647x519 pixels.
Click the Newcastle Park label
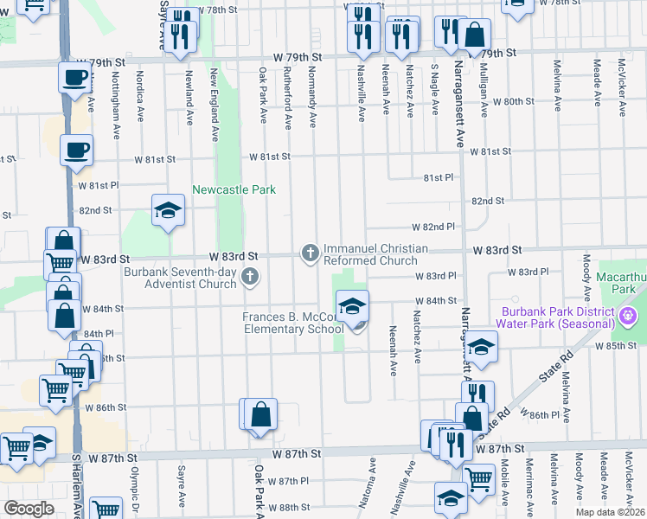[234, 189]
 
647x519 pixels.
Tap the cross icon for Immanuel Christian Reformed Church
[311, 253]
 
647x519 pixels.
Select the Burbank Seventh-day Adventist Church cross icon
[250, 277]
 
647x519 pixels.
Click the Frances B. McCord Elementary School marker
[352, 307]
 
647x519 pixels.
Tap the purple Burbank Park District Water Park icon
[629, 319]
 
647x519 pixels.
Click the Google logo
[29, 509]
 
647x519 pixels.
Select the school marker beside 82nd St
[168, 211]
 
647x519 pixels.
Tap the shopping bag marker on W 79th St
[475, 36]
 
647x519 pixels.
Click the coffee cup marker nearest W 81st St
[76, 151]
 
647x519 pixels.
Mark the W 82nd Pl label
[433, 227]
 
